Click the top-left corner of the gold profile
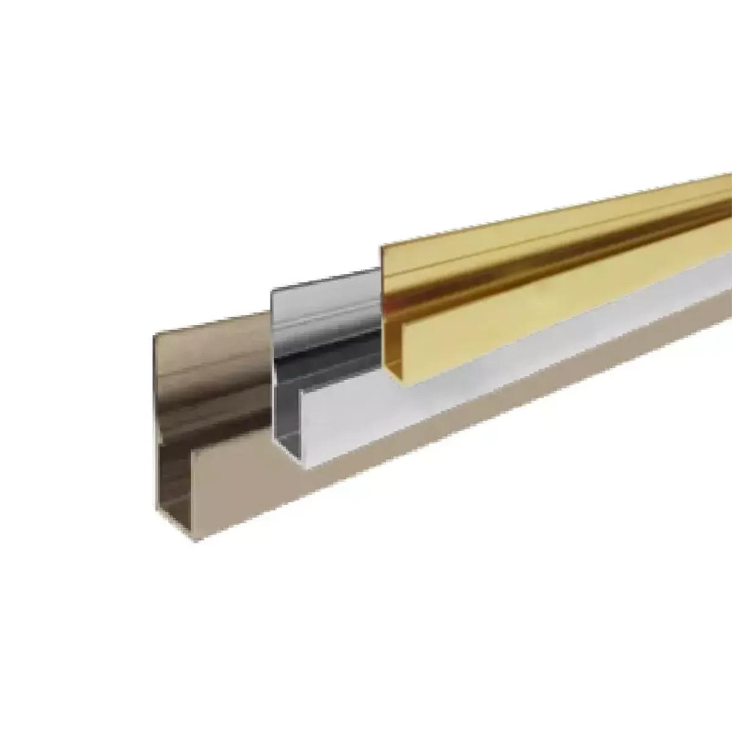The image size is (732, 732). coord(382,246)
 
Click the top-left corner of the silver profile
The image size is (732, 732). coord(271,290)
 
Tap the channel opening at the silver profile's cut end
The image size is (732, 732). coord(287,427)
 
